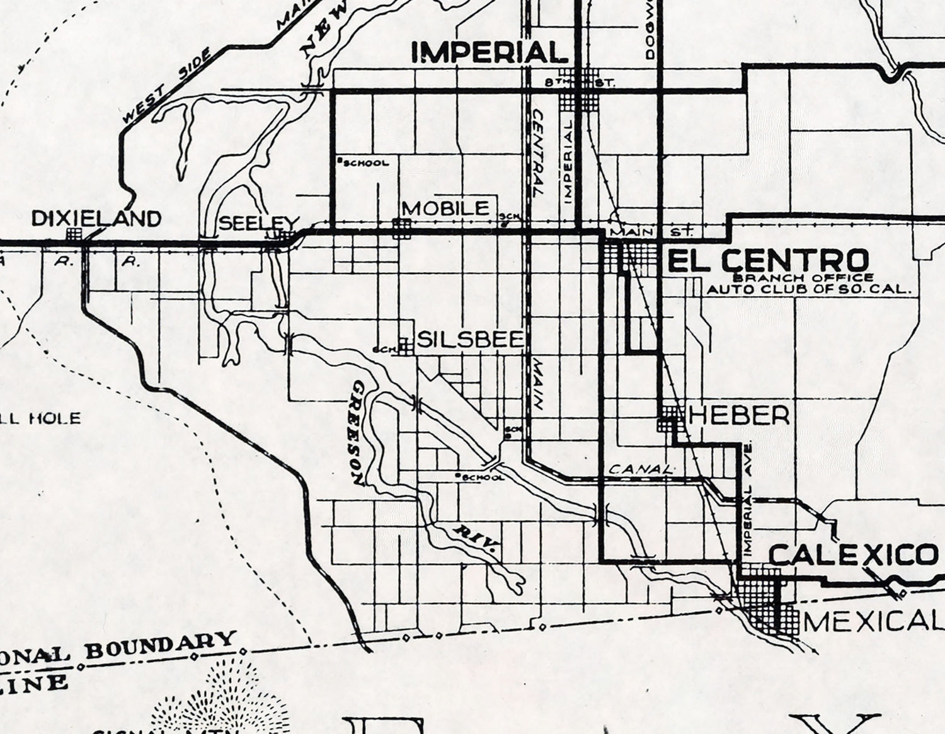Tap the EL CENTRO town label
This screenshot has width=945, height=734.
pos(767,260)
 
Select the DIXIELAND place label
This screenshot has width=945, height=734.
pos(96,219)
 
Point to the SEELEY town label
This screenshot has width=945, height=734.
pos(257,223)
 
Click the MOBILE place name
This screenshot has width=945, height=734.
pos(445,209)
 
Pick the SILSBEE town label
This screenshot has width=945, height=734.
pos(470,340)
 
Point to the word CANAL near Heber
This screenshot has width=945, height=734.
pos(641,470)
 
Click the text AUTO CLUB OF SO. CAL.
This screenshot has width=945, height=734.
pos(810,290)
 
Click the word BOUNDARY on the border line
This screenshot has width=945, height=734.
pos(161,645)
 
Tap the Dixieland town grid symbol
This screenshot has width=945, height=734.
pos(74,234)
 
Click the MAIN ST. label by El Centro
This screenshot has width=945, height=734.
pos(652,232)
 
